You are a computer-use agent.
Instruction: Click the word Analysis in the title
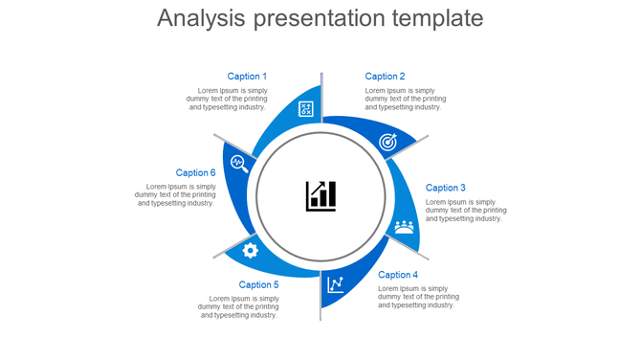pos(201,18)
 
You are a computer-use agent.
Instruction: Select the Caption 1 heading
pos(247,77)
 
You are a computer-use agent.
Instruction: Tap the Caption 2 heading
pos(385,77)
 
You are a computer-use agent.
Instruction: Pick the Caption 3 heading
pos(446,188)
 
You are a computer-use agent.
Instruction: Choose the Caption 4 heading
pos(398,275)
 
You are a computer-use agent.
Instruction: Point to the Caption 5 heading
pos(258,284)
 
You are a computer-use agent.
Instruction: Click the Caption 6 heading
pos(195,173)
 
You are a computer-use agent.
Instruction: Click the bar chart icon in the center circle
pos(320,196)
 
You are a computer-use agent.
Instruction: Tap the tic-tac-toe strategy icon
pos(306,109)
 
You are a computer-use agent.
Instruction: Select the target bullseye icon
pos(387,142)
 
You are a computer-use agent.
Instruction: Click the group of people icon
pos(405,227)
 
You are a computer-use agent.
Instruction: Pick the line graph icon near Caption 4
pos(336,284)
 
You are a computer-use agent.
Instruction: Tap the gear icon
pos(251,251)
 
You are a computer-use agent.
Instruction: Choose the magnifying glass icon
pos(239,163)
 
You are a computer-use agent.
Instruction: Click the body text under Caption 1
pos(227,99)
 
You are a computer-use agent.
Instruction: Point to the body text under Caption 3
pos(466,211)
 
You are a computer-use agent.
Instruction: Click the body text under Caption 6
pos(175,194)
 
